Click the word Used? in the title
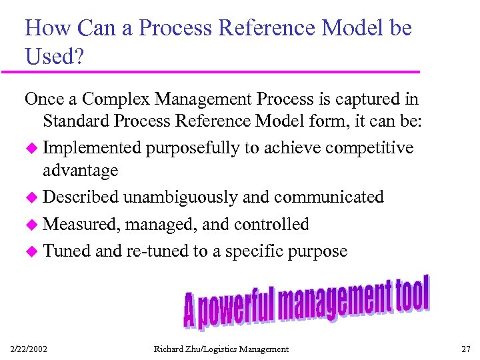click(x=54, y=57)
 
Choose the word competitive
click(x=371, y=148)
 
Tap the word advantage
click(x=80, y=171)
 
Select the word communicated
click(x=329, y=197)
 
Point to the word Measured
click(x=80, y=224)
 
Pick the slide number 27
click(x=465, y=349)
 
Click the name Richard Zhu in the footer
click(x=179, y=349)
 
